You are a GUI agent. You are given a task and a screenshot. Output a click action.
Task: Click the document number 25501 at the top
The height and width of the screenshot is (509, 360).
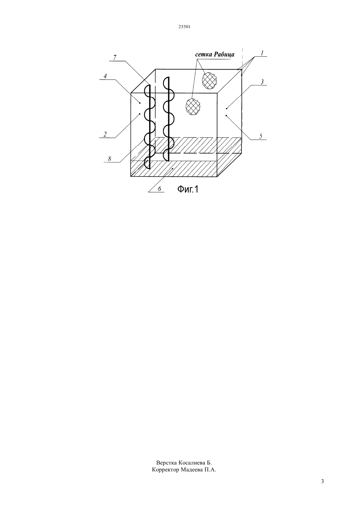184,27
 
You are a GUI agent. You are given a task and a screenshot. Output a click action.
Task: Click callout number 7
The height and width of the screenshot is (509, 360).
115,58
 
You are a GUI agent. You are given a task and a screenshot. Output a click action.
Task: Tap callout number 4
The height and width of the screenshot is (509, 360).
105,76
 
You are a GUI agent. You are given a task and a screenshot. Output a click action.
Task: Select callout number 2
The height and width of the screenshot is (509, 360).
105,134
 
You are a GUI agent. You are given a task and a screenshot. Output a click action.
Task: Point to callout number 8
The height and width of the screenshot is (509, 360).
110,159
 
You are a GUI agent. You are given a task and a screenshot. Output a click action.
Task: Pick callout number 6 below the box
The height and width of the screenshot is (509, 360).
159,189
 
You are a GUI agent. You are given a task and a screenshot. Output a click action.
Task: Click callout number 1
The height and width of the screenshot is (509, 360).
262,53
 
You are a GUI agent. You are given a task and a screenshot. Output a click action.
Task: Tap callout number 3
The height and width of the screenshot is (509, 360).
262,82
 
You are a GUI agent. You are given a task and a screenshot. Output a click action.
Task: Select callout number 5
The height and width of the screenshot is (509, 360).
261,136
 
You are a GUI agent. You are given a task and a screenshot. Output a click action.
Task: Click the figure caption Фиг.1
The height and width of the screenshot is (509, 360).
188,189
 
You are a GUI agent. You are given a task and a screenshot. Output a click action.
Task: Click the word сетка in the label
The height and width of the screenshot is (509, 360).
204,55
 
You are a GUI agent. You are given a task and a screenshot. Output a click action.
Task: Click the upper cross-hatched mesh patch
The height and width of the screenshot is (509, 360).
209,81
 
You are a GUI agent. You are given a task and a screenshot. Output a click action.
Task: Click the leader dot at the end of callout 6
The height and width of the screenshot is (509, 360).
173,168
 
